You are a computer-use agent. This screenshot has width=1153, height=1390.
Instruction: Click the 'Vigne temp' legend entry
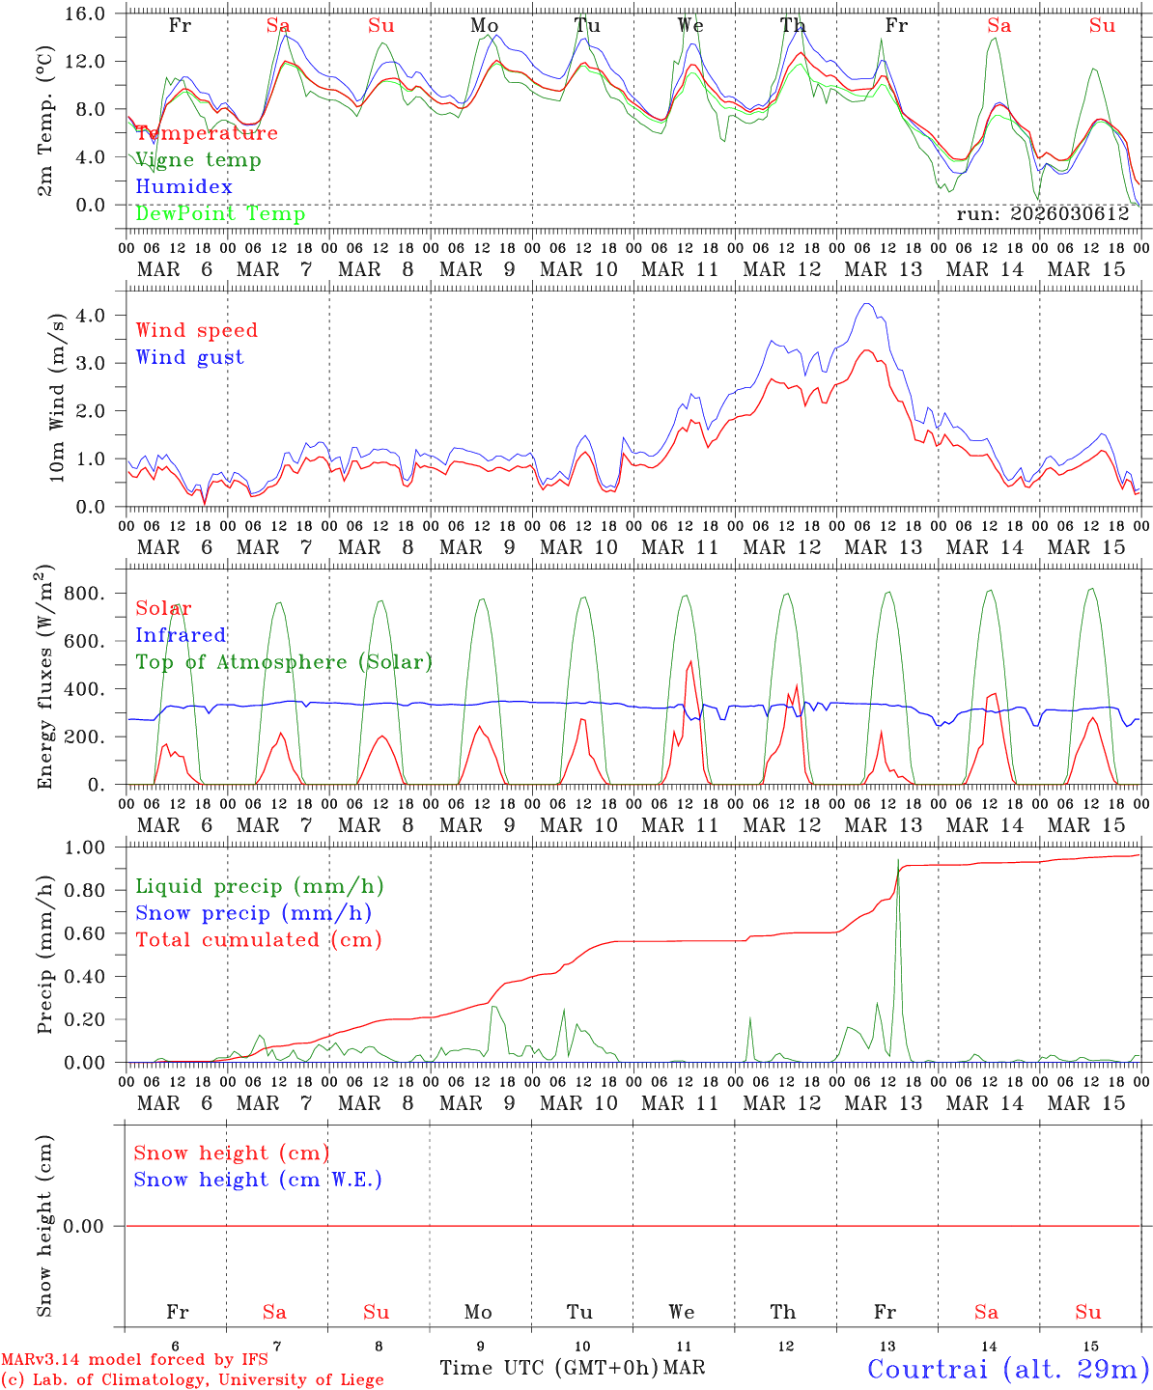pyautogui.click(x=198, y=160)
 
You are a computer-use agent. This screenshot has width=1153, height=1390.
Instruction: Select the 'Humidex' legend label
pyautogui.click(x=183, y=186)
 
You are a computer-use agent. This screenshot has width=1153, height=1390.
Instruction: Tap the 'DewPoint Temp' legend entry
pyautogui.click(x=220, y=213)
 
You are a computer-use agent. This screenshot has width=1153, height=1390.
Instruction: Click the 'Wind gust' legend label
pyautogui.click(x=189, y=357)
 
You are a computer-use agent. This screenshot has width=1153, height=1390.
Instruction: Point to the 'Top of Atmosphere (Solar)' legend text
pyautogui.click(x=283, y=662)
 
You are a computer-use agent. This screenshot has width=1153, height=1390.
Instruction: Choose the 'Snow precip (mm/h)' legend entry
pyautogui.click(x=253, y=913)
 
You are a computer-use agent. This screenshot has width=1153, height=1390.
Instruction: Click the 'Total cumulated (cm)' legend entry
pyautogui.click(x=258, y=939)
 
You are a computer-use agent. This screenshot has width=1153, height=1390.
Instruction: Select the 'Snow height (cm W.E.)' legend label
pyautogui.click(x=258, y=1180)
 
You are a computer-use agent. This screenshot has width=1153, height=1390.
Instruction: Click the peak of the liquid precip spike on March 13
pyautogui.click(x=898, y=859)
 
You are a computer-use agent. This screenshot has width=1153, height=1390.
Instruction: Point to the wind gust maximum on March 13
pyautogui.click(x=867, y=304)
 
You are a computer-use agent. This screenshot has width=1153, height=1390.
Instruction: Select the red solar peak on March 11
pyautogui.click(x=690, y=661)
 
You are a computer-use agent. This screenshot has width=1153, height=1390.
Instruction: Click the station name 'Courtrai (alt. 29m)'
pyautogui.click(x=1008, y=1368)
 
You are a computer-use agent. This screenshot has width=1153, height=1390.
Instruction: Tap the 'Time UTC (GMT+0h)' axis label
pyautogui.click(x=548, y=1368)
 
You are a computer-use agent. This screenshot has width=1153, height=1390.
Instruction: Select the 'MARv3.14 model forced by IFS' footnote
pyautogui.click(x=134, y=1359)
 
